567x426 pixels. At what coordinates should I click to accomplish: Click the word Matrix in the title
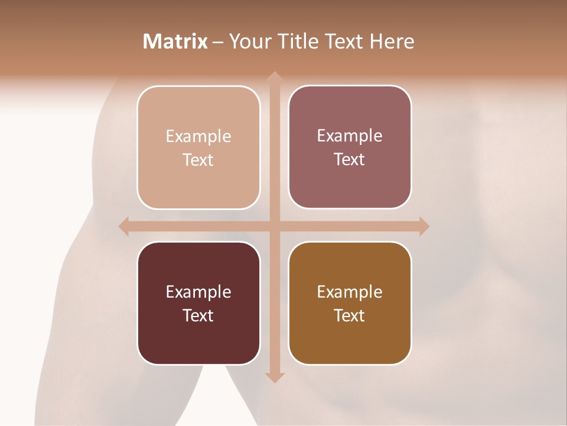coord(175,41)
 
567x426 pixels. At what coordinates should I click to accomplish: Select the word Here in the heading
coord(392,41)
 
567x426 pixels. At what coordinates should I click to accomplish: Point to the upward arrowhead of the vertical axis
coord(274,77)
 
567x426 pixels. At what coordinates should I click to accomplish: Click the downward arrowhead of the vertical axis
coord(274,377)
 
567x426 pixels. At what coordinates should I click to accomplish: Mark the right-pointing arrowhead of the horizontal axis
coord(423,226)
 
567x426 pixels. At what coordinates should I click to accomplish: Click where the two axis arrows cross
coord(274,226)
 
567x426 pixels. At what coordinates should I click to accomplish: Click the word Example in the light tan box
coord(198,137)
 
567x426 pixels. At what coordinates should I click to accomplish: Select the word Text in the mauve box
coord(350,160)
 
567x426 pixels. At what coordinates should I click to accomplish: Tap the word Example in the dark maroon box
coord(198,292)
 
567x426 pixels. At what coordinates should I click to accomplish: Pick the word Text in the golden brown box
coord(350,315)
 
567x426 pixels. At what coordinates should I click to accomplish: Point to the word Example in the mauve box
coord(350,136)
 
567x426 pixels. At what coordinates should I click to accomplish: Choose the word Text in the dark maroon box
coord(198,315)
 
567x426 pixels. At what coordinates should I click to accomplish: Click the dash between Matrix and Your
coord(218,42)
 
